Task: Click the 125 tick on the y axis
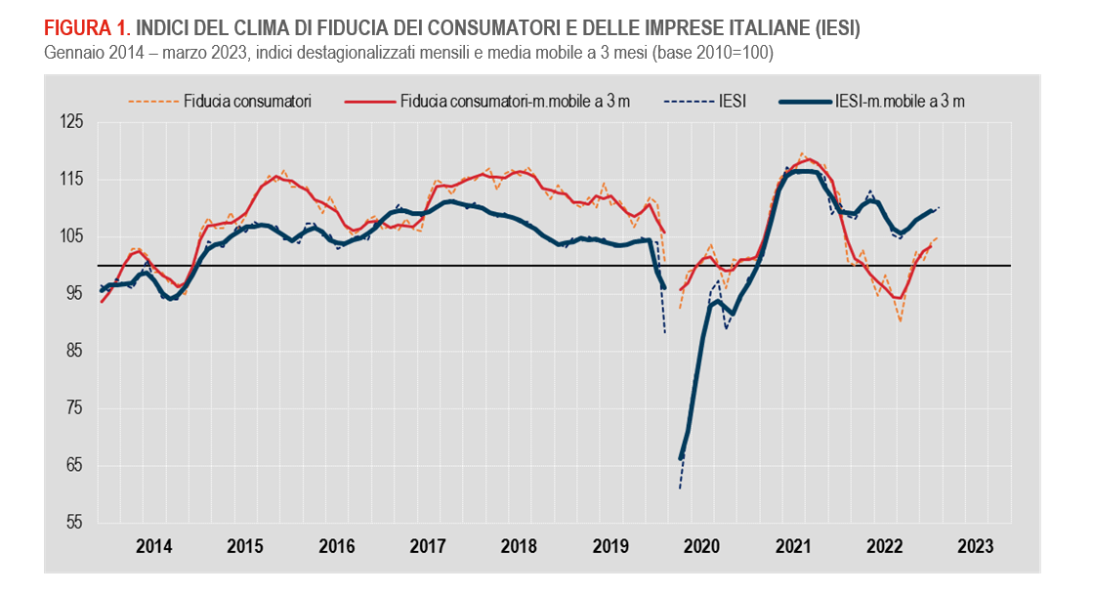(x=71, y=122)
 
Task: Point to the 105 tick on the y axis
(x=71, y=236)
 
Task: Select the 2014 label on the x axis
(x=153, y=545)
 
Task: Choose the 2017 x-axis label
(x=427, y=545)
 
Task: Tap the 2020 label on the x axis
(x=700, y=545)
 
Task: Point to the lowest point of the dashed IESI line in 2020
(x=680, y=488)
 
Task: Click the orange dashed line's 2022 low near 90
(x=900, y=321)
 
